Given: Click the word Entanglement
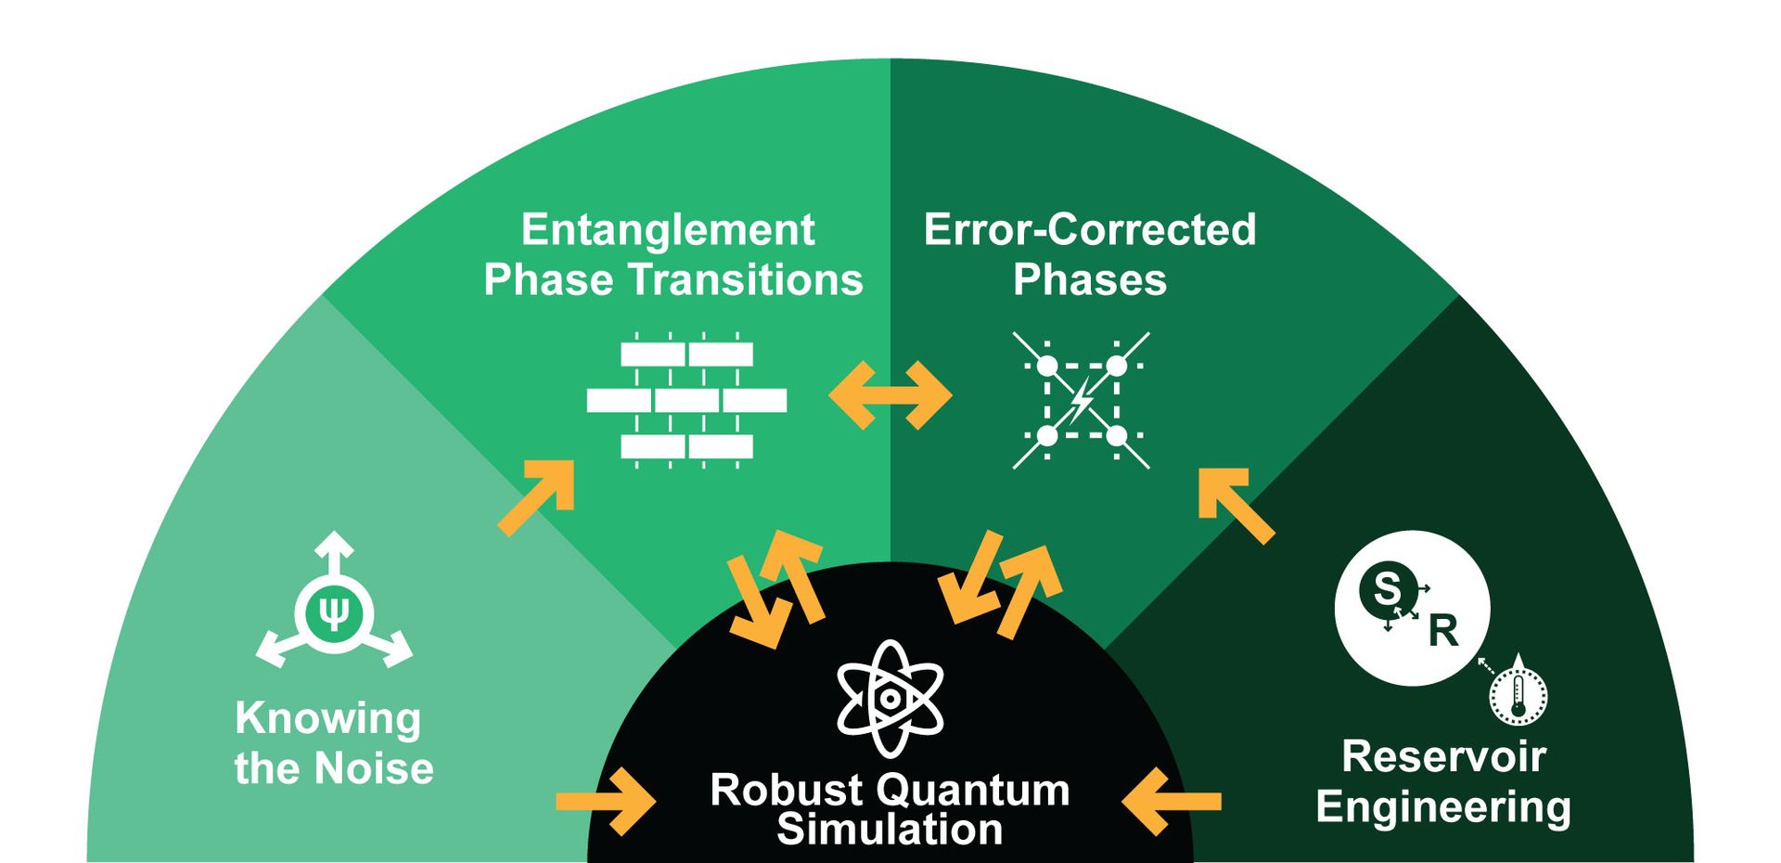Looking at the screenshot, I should pos(668,230).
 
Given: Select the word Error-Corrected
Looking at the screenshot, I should pos(1090,230).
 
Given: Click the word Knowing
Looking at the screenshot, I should pos(327,718).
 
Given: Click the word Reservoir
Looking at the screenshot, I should pos(1443,756).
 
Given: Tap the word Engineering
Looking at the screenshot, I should pos(1443,807).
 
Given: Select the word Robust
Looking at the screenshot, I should pos(774,791).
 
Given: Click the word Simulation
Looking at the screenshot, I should pos(890,829).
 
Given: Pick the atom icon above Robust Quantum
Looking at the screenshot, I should pos(890,698).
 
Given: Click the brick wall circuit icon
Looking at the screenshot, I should pos(686,400).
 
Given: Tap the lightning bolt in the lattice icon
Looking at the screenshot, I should pos(1081,401).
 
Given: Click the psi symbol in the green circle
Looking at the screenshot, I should pos(334,612).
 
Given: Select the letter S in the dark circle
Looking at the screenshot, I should pos(1387,589).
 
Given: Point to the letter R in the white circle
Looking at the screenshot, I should pos(1443,631).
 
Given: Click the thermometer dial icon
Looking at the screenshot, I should pos(1518,696).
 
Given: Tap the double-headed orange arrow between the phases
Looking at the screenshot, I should pos(890,395).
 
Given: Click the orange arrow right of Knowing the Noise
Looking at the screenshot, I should pos(607,801).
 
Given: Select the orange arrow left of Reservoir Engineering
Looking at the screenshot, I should pos(1171,801).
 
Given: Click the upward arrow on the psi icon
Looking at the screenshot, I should pos(334,547).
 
